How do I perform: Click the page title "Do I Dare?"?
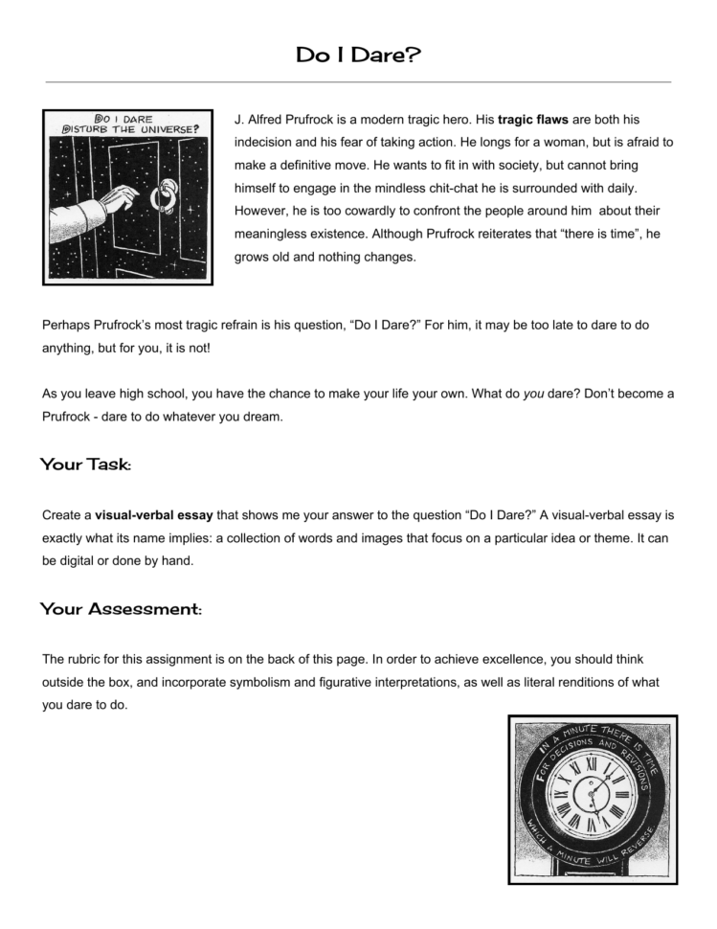pos(358,56)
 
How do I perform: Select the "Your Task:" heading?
pos(86,464)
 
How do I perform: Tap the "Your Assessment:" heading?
pos(121,609)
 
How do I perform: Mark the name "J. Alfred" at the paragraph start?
pos(264,119)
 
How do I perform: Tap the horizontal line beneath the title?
pos(358,82)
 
